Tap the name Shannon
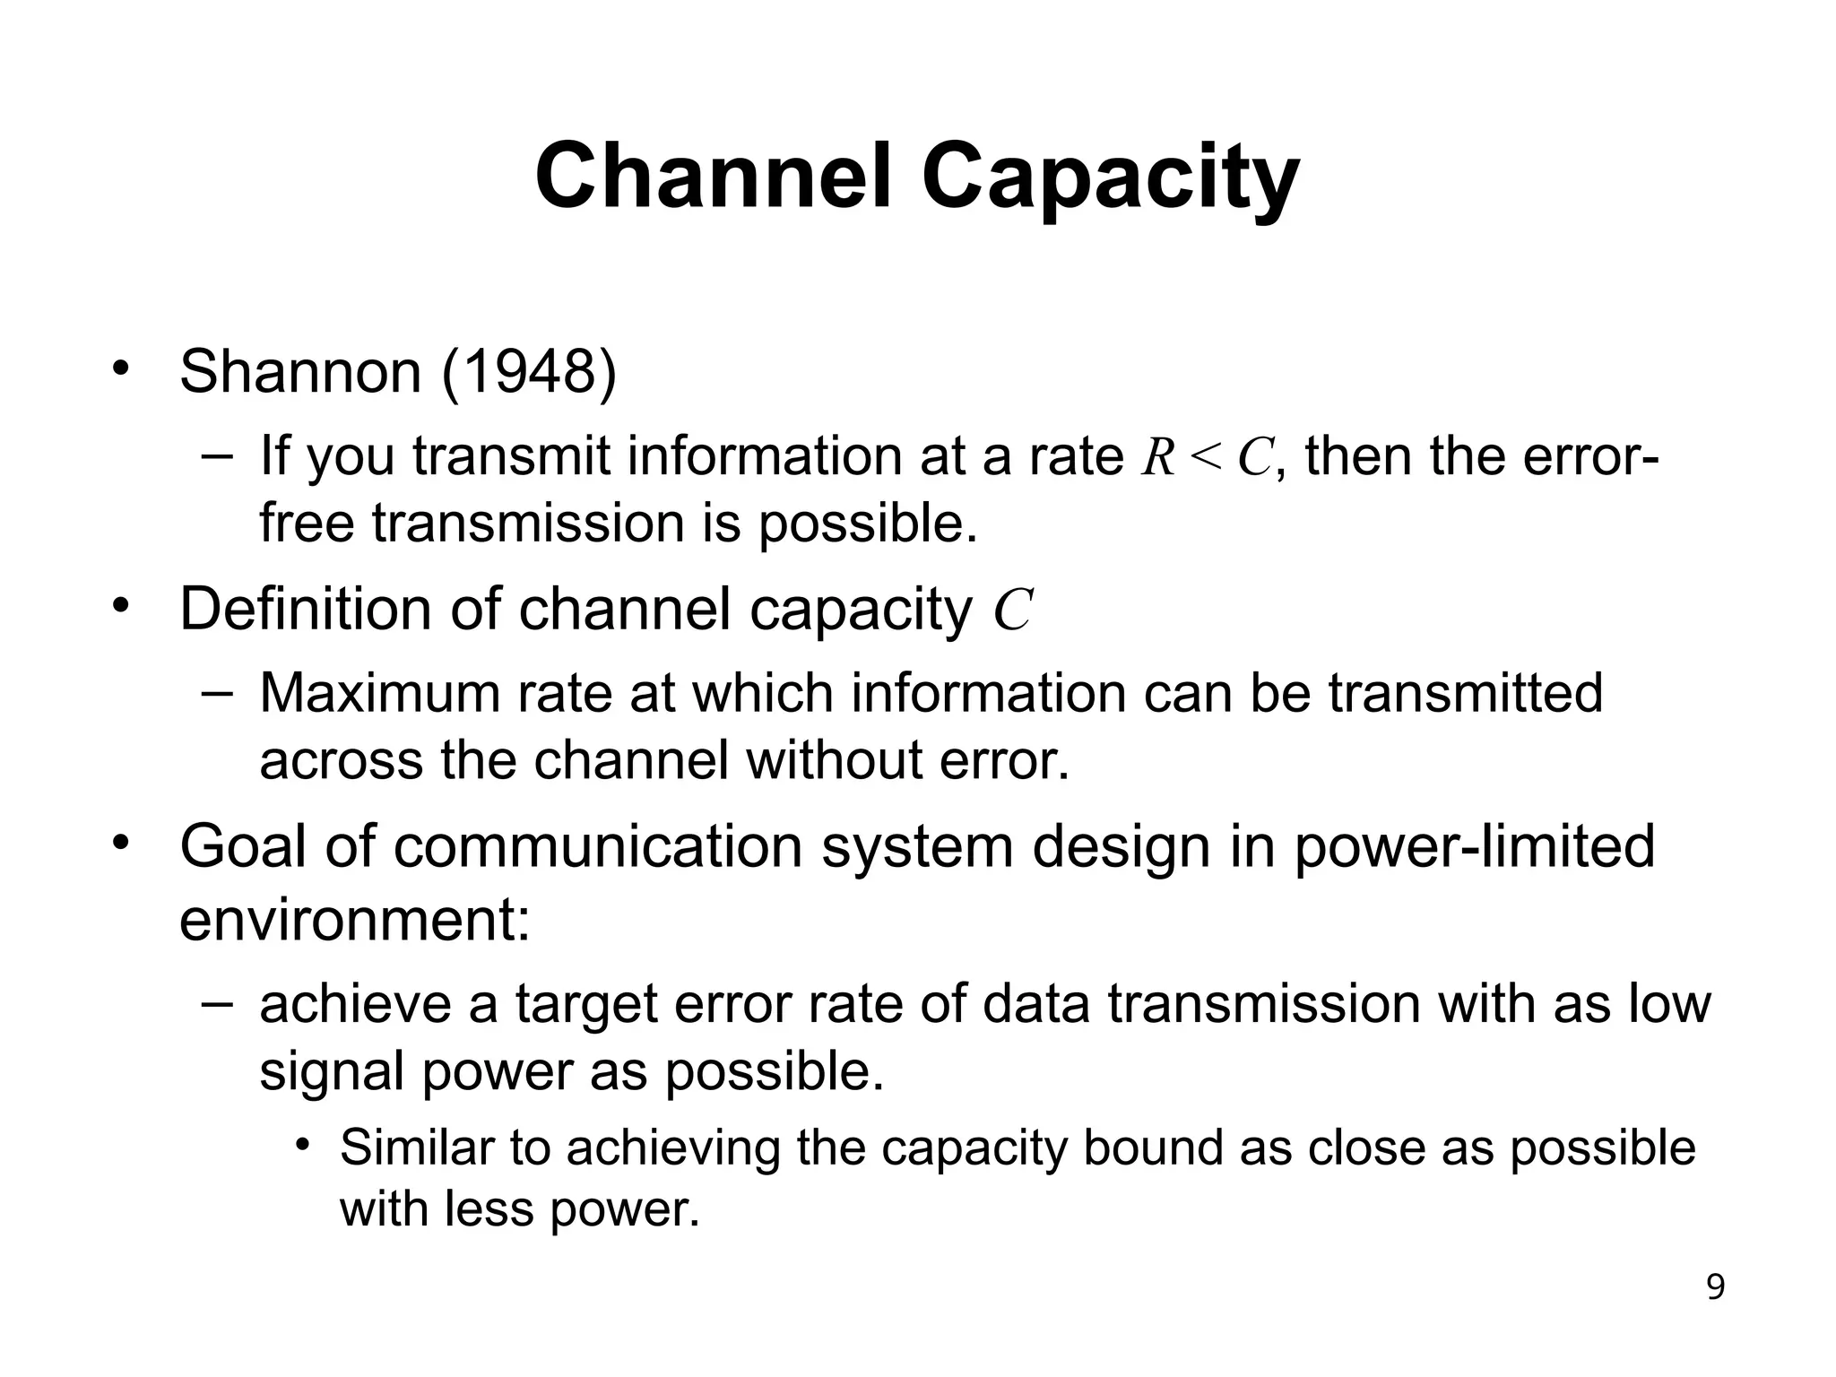[300, 371]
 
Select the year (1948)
[530, 371]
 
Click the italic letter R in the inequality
[1158, 457]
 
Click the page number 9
[1715, 1287]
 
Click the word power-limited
[1474, 846]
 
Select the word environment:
[355, 922]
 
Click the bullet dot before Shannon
[122, 369]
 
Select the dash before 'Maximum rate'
[216, 693]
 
